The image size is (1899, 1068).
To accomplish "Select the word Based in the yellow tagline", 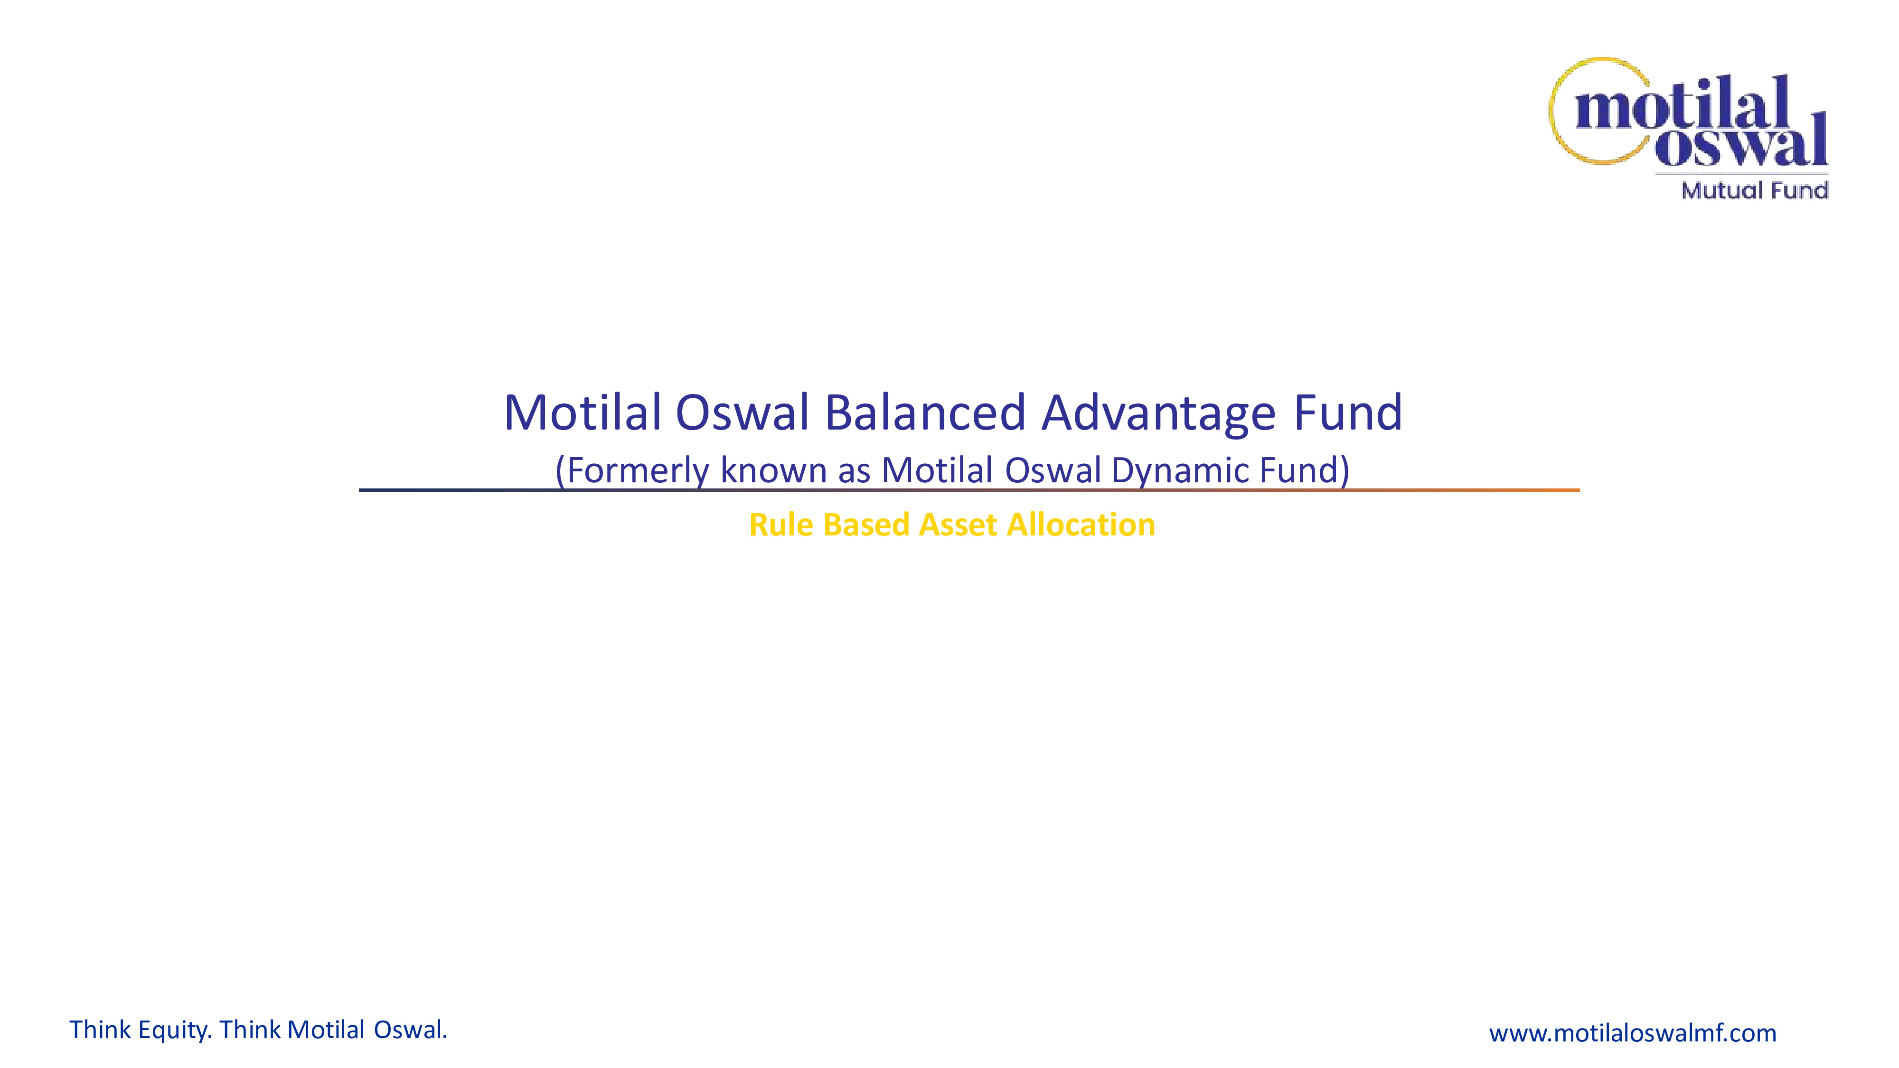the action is tap(866, 525).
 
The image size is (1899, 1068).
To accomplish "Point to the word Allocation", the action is tap(1081, 525).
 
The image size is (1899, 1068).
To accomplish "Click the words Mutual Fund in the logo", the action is tap(1755, 190).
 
